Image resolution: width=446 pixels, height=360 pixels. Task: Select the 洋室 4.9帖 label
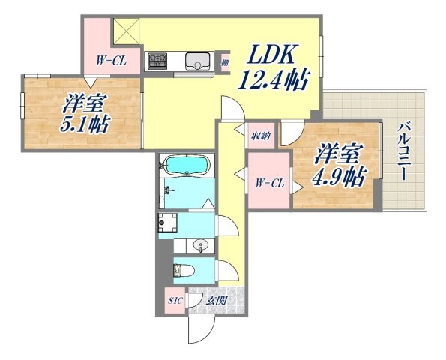click(339, 165)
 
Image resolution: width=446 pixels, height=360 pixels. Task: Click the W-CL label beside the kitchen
click(110, 61)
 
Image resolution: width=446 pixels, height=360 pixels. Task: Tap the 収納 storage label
click(260, 136)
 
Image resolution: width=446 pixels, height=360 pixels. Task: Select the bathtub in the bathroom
click(187, 165)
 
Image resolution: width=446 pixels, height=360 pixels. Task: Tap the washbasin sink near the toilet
click(199, 244)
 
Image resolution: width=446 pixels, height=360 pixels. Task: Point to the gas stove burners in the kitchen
click(158, 60)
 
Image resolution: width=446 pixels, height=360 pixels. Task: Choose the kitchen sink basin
click(199, 60)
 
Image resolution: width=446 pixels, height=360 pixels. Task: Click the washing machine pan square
click(167, 223)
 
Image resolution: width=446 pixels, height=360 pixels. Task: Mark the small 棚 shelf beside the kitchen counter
click(224, 62)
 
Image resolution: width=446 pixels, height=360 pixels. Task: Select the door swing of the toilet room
click(223, 268)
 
